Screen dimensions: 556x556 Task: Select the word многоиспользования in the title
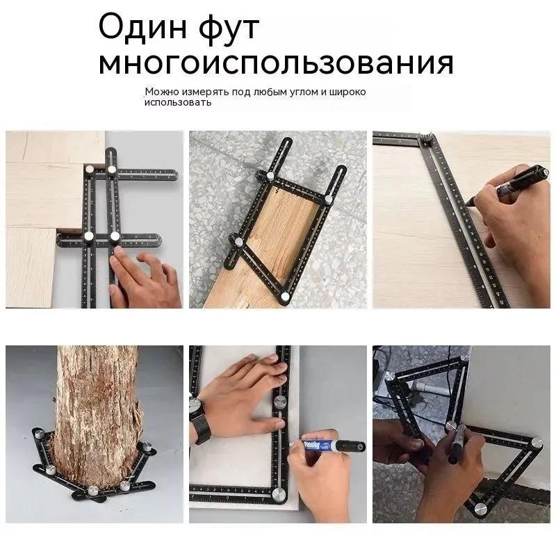coord(276,63)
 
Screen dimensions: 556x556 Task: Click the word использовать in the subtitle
coord(177,102)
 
